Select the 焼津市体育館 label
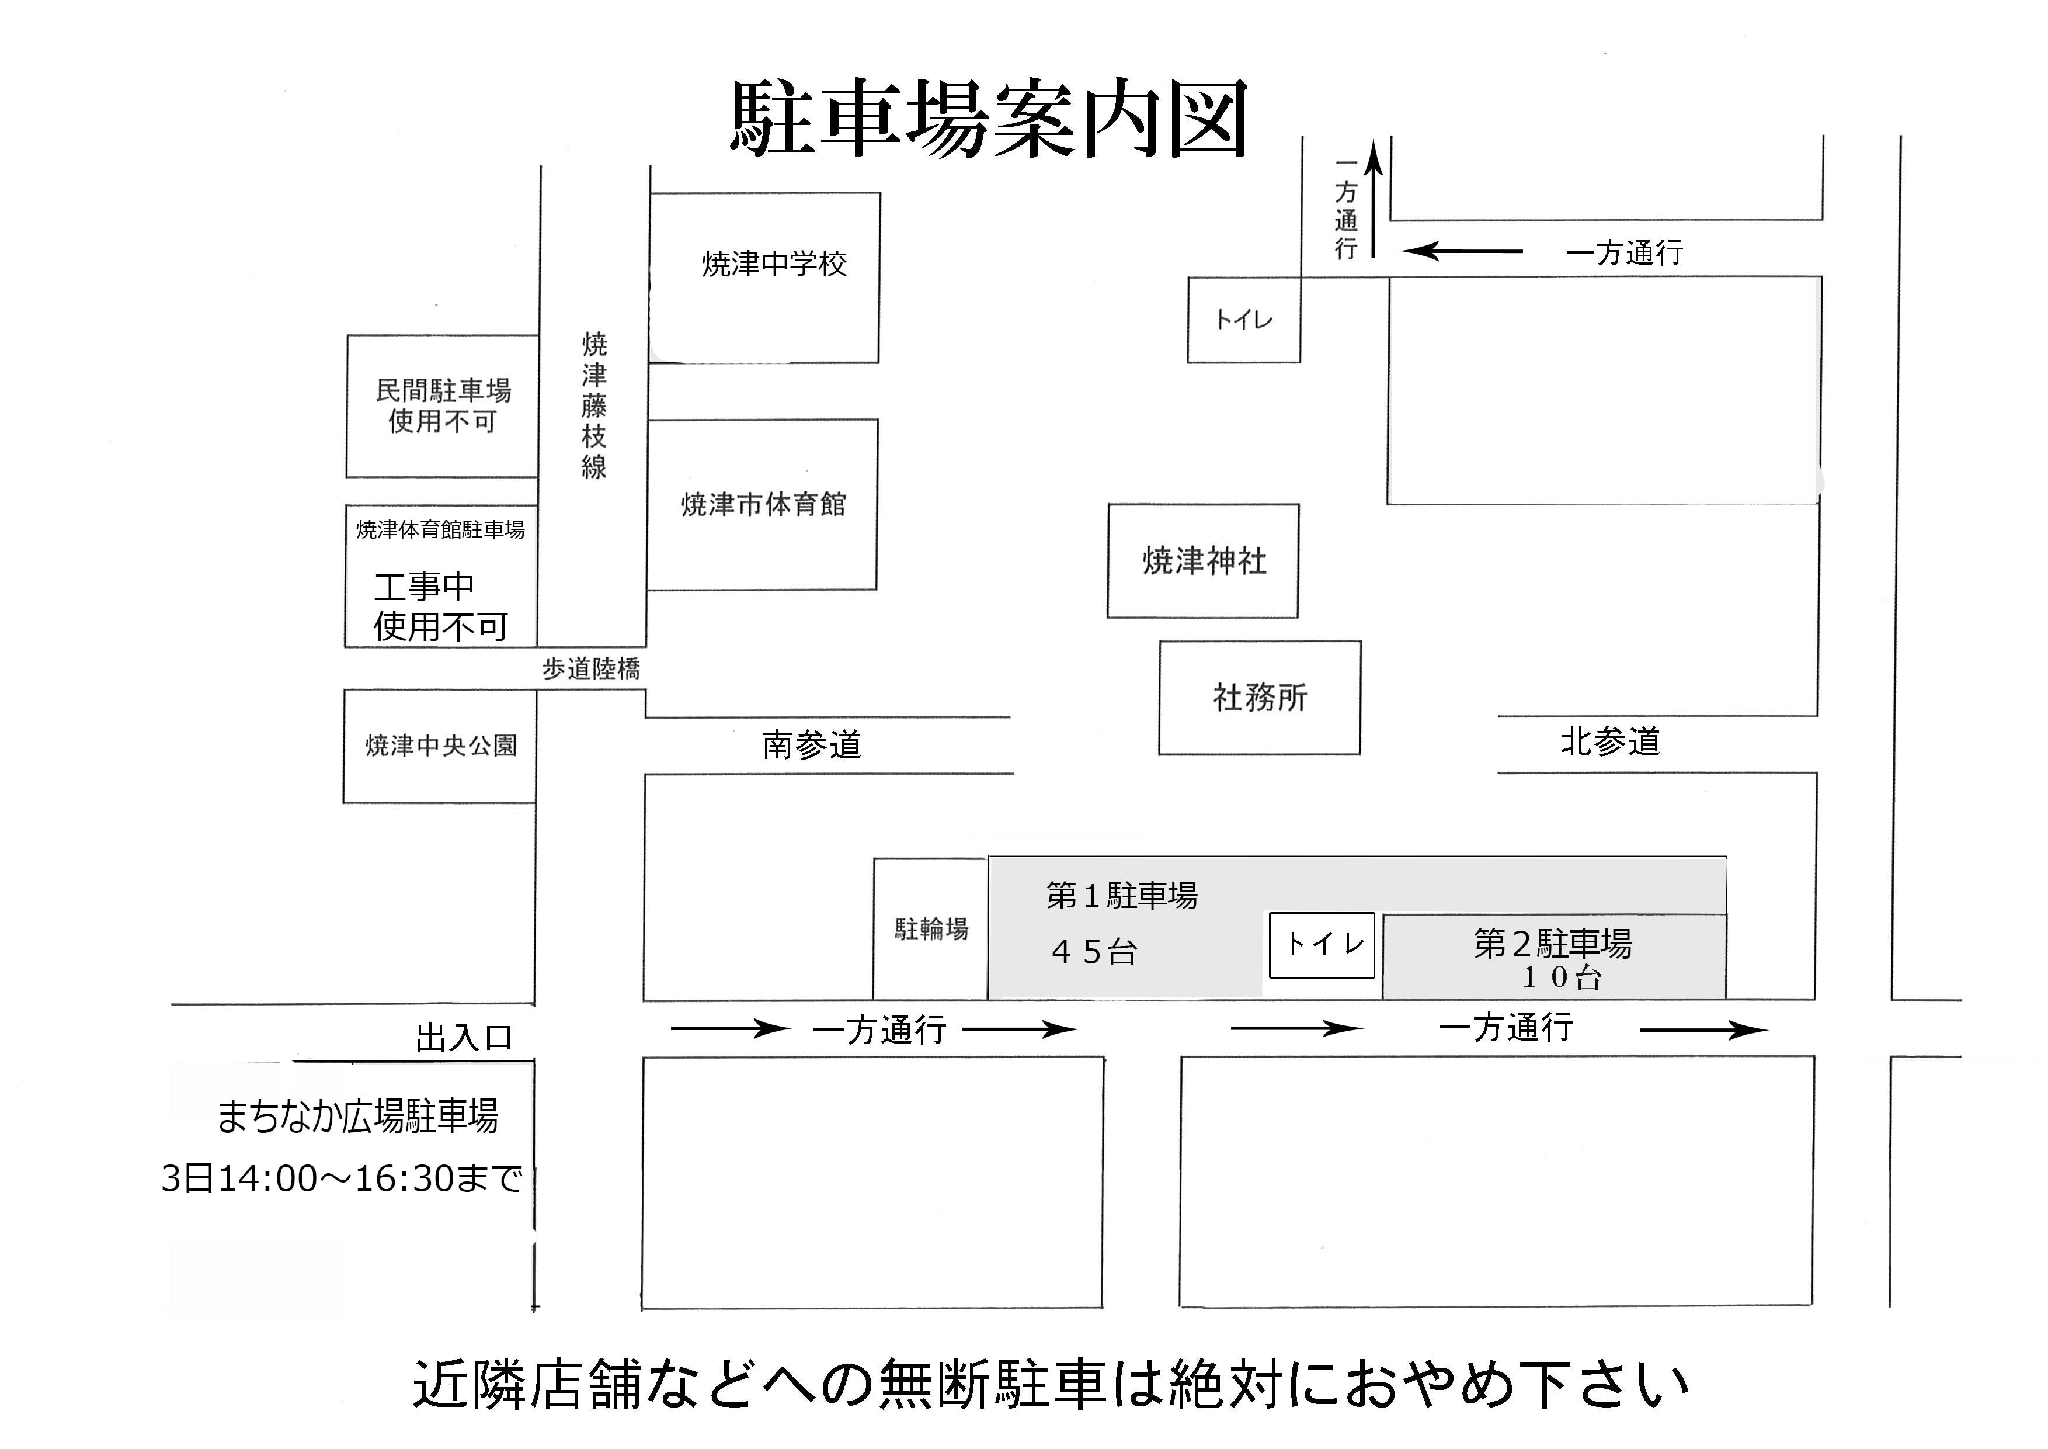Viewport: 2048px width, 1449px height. tap(763, 505)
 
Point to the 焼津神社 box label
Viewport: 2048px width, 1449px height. tap(1204, 561)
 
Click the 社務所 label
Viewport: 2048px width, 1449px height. tap(1260, 698)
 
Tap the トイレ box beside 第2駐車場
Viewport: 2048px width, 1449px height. tap(1322, 945)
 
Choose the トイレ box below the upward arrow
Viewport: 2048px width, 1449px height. tap(1243, 320)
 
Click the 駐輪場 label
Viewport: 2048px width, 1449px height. tap(931, 930)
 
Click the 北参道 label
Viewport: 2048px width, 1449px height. tap(1610, 741)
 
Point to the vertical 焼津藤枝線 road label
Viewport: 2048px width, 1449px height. tap(594, 406)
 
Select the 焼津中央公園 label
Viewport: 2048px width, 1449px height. tap(441, 746)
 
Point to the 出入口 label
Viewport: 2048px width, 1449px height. tap(464, 1038)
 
